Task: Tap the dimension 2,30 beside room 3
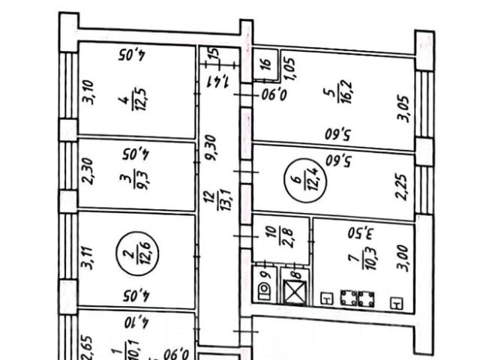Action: (87, 175)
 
